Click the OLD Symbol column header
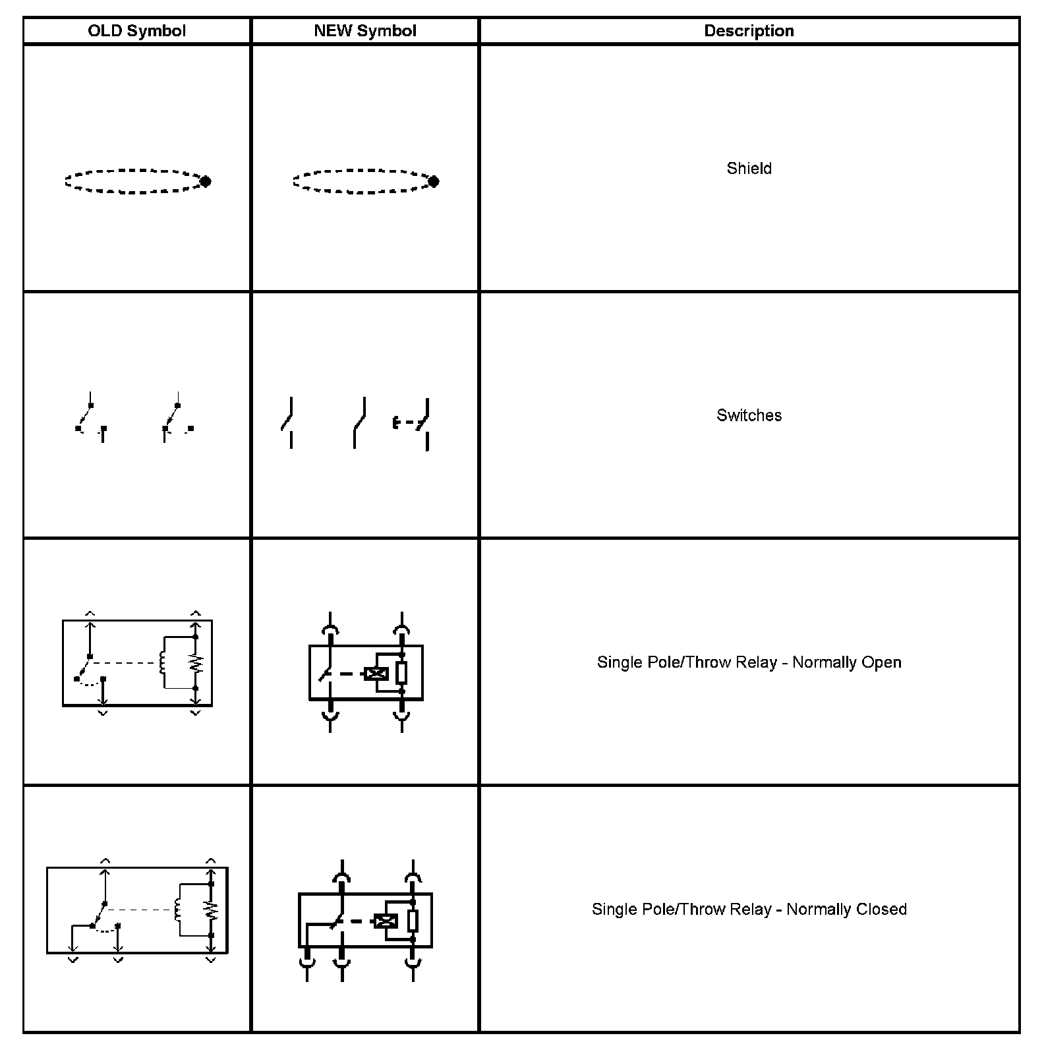pos(136,31)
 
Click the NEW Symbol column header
pos(365,31)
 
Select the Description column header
pos(749,31)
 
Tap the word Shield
pos(749,168)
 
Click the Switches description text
pos(749,415)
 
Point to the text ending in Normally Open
pos(749,662)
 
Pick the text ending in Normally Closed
pos(749,910)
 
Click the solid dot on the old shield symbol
pos(205,181)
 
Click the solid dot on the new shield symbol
pos(433,181)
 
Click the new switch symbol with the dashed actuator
pos(413,423)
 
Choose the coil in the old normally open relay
pos(162,662)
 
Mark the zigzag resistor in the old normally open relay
pos(196,663)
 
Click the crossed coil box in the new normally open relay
pos(376,673)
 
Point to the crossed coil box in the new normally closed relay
pos(386,921)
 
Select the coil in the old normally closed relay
pos(178,910)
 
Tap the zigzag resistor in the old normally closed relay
pos(212,910)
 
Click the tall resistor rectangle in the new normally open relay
pos(401,673)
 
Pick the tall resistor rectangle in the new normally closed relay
pos(413,921)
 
